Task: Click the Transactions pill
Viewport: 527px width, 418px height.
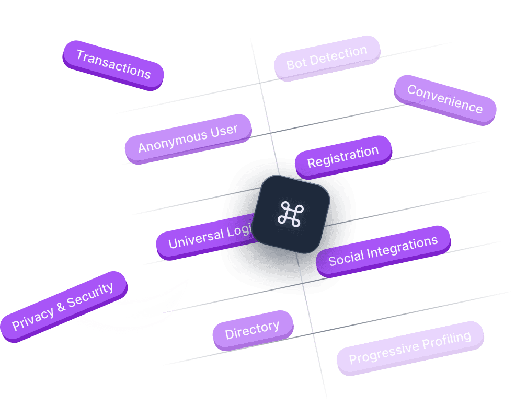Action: coord(113,64)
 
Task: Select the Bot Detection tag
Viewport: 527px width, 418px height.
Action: coord(327,57)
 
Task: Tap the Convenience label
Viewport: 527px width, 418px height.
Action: coord(445,99)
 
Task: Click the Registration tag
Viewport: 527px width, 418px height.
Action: coord(343,157)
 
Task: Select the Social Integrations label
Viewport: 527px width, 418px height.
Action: coord(383,251)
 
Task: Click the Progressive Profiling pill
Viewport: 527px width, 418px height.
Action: coord(410,348)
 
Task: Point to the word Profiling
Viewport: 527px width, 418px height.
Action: coord(446,341)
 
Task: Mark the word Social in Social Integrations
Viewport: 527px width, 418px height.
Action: coord(346,257)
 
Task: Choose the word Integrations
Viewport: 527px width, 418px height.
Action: coord(402,247)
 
